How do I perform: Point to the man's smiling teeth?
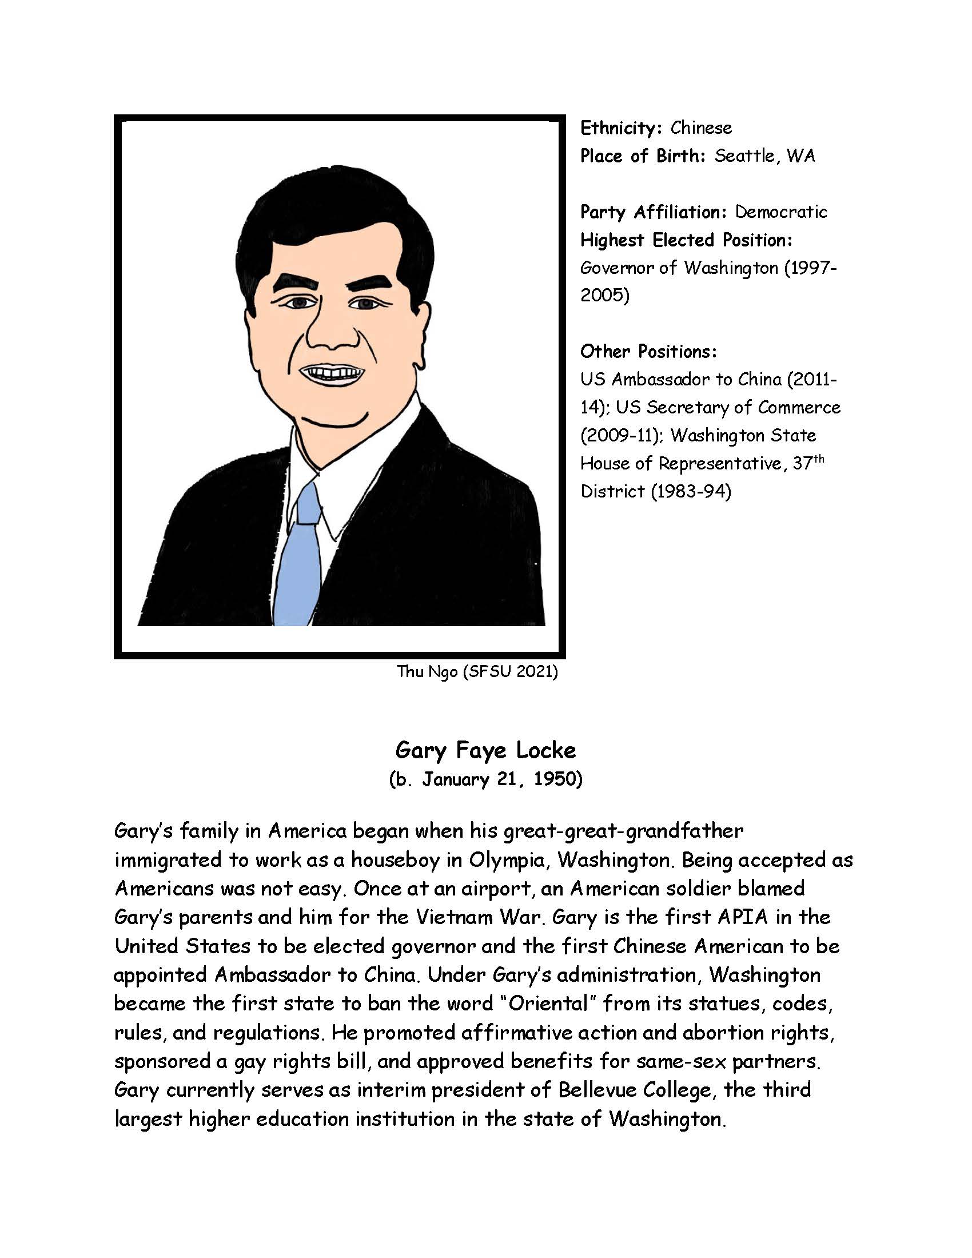point(332,373)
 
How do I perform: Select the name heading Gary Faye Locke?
point(485,750)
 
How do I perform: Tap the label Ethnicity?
point(620,128)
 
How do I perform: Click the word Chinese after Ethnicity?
point(701,128)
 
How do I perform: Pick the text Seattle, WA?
point(764,156)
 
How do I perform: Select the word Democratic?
point(781,212)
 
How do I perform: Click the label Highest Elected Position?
point(686,240)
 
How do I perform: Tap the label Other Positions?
point(648,351)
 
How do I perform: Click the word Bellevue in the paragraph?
point(595,1090)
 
